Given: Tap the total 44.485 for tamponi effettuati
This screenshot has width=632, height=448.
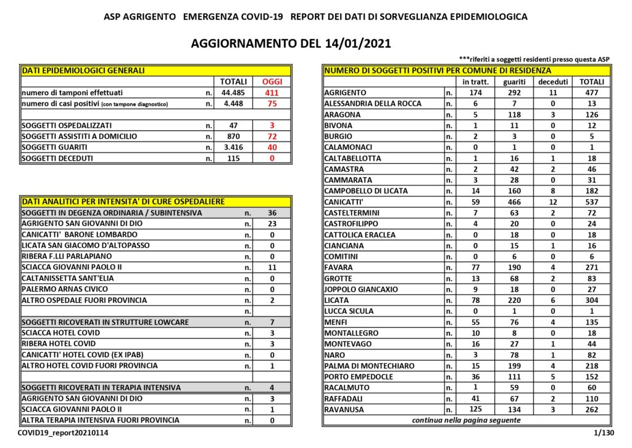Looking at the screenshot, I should (233, 93).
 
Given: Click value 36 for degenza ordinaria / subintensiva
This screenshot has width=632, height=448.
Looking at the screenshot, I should (272, 213).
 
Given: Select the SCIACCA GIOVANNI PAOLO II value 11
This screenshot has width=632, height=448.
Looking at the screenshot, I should (272, 267).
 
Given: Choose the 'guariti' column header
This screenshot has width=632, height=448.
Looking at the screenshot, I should (514, 82).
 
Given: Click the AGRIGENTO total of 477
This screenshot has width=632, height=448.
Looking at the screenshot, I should (592, 93).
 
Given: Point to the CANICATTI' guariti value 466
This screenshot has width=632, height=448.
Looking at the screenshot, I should (514, 202).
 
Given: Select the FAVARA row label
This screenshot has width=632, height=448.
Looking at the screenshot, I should (339, 268).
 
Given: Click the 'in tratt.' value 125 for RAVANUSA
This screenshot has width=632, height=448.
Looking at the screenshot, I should (475, 409).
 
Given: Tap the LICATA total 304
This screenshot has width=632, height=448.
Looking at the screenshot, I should (592, 300).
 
